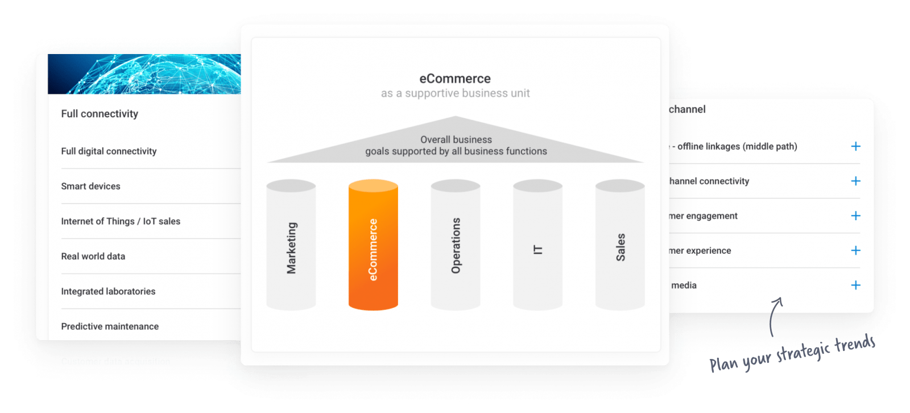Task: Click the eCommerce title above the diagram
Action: pyautogui.click(x=455, y=79)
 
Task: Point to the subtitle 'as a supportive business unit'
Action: pyautogui.click(x=455, y=93)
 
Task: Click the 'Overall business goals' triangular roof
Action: pyautogui.click(x=456, y=145)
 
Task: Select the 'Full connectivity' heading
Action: pyautogui.click(x=100, y=114)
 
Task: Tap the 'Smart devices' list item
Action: pyautogui.click(x=90, y=186)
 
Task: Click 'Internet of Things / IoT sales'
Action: pyautogui.click(x=121, y=221)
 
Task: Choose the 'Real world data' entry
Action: pyautogui.click(x=93, y=256)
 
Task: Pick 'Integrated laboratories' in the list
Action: pyautogui.click(x=108, y=291)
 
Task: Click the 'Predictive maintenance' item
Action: pyautogui.click(x=110, y=327)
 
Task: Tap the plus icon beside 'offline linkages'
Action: pyautogui.click(x=855, y=146)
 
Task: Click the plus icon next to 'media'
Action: pyautogui.click(x=855, y=285)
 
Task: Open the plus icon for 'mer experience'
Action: pyautogui.click(x=855, y=250)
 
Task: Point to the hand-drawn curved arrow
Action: pyautogui.click(x=775, y=316)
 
